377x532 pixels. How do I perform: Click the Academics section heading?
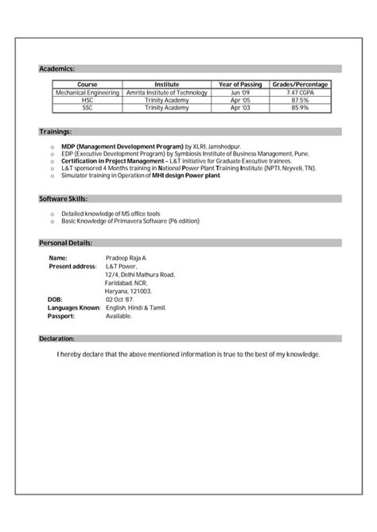point(57,69)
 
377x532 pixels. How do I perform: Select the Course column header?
point(87,84)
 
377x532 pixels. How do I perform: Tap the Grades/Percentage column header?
point(301,84)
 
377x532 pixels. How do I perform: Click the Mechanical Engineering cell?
point(87,93)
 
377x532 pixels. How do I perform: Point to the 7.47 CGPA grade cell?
point(301,93)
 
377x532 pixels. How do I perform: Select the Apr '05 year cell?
point(241,100)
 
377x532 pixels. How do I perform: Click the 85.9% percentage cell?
point(301,107)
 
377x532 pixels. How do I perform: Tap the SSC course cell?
point(87,107)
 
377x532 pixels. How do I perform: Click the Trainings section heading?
point(56,131)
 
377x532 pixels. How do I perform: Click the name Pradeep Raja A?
point(126,258)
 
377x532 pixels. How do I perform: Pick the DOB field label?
point(54,299)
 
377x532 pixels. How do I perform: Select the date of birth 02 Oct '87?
point(122,299)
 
